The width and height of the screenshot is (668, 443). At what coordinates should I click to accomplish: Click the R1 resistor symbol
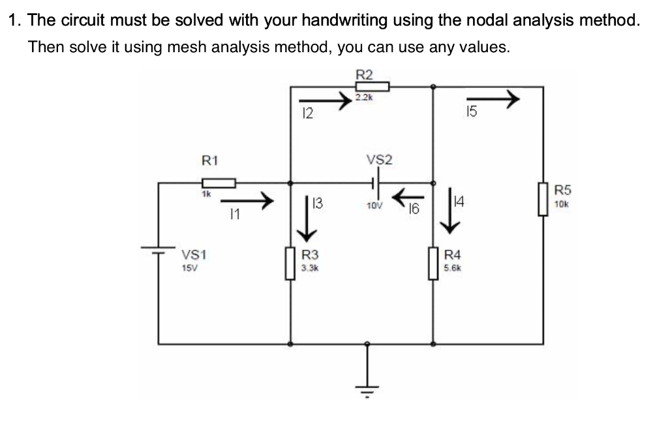click(x=218, y=183)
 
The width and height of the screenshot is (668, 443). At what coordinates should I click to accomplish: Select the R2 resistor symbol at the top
click(x=372, y=87)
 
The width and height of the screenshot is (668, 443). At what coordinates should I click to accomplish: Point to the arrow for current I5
click(x=496, y=100)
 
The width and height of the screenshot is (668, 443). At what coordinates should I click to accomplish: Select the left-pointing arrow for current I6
click(x=408, y=194)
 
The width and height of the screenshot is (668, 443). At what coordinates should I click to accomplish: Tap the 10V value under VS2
click(x=374, y=206)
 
